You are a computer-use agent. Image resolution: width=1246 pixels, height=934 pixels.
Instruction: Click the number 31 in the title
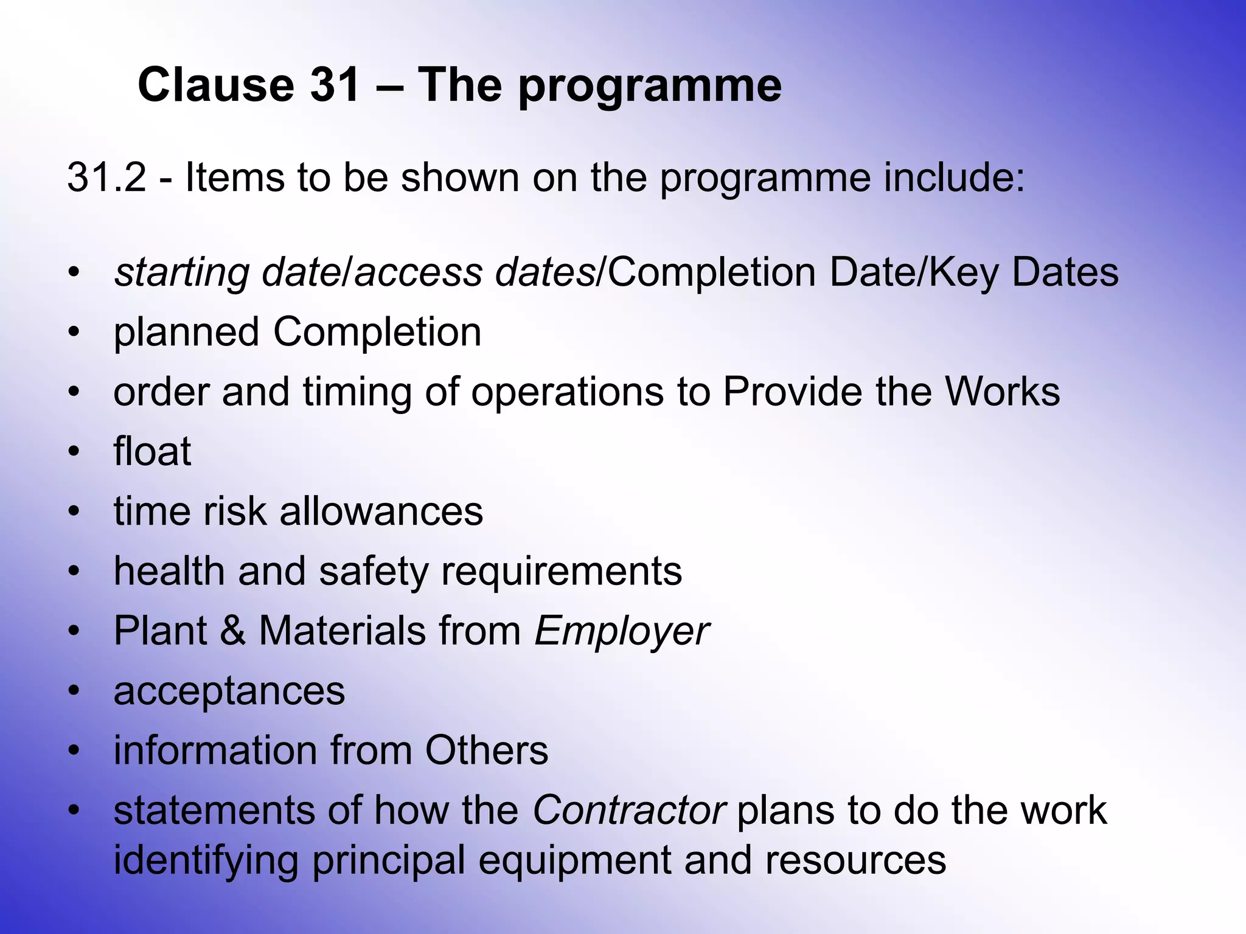point(335,85)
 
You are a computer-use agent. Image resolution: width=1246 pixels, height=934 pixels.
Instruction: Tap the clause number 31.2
point(106,178)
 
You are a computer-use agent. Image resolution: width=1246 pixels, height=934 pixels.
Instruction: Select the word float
point(152,451)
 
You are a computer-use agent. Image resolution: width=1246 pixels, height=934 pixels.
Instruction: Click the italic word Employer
point(621,631)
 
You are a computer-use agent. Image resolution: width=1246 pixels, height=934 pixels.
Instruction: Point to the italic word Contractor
point(628,810)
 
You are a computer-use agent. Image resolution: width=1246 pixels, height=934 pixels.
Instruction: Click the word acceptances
point(229,691)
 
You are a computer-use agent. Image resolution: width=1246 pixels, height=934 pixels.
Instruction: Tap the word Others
point(486,750)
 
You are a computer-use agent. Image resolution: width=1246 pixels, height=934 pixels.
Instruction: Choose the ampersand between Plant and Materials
point(232,631)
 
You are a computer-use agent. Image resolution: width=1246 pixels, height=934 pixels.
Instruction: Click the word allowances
point(381,511)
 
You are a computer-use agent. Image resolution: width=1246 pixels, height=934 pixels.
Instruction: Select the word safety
point(374,572)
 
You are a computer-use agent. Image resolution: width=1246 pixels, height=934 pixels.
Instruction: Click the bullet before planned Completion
point(74,332)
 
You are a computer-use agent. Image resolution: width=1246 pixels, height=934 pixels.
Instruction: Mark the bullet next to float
point(74,452)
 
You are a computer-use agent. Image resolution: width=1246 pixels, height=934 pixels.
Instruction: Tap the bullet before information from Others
point(74,750)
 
